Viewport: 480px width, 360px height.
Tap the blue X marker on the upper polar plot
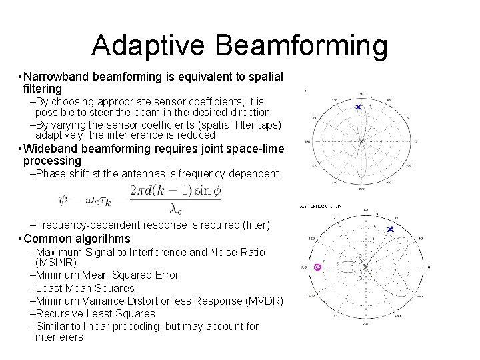click(359, 107)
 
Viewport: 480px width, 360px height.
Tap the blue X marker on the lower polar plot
click(391, 229)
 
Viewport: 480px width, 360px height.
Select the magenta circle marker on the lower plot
click(317, 267)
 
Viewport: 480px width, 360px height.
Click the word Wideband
click(50, 149)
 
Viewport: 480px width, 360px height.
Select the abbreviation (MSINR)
click(56, 263)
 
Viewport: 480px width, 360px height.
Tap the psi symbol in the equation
click(63, 198)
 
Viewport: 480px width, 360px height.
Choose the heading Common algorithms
click(77, 239)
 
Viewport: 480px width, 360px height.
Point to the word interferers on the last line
click(59, 337)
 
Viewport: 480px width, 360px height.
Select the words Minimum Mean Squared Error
click(107, 275)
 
